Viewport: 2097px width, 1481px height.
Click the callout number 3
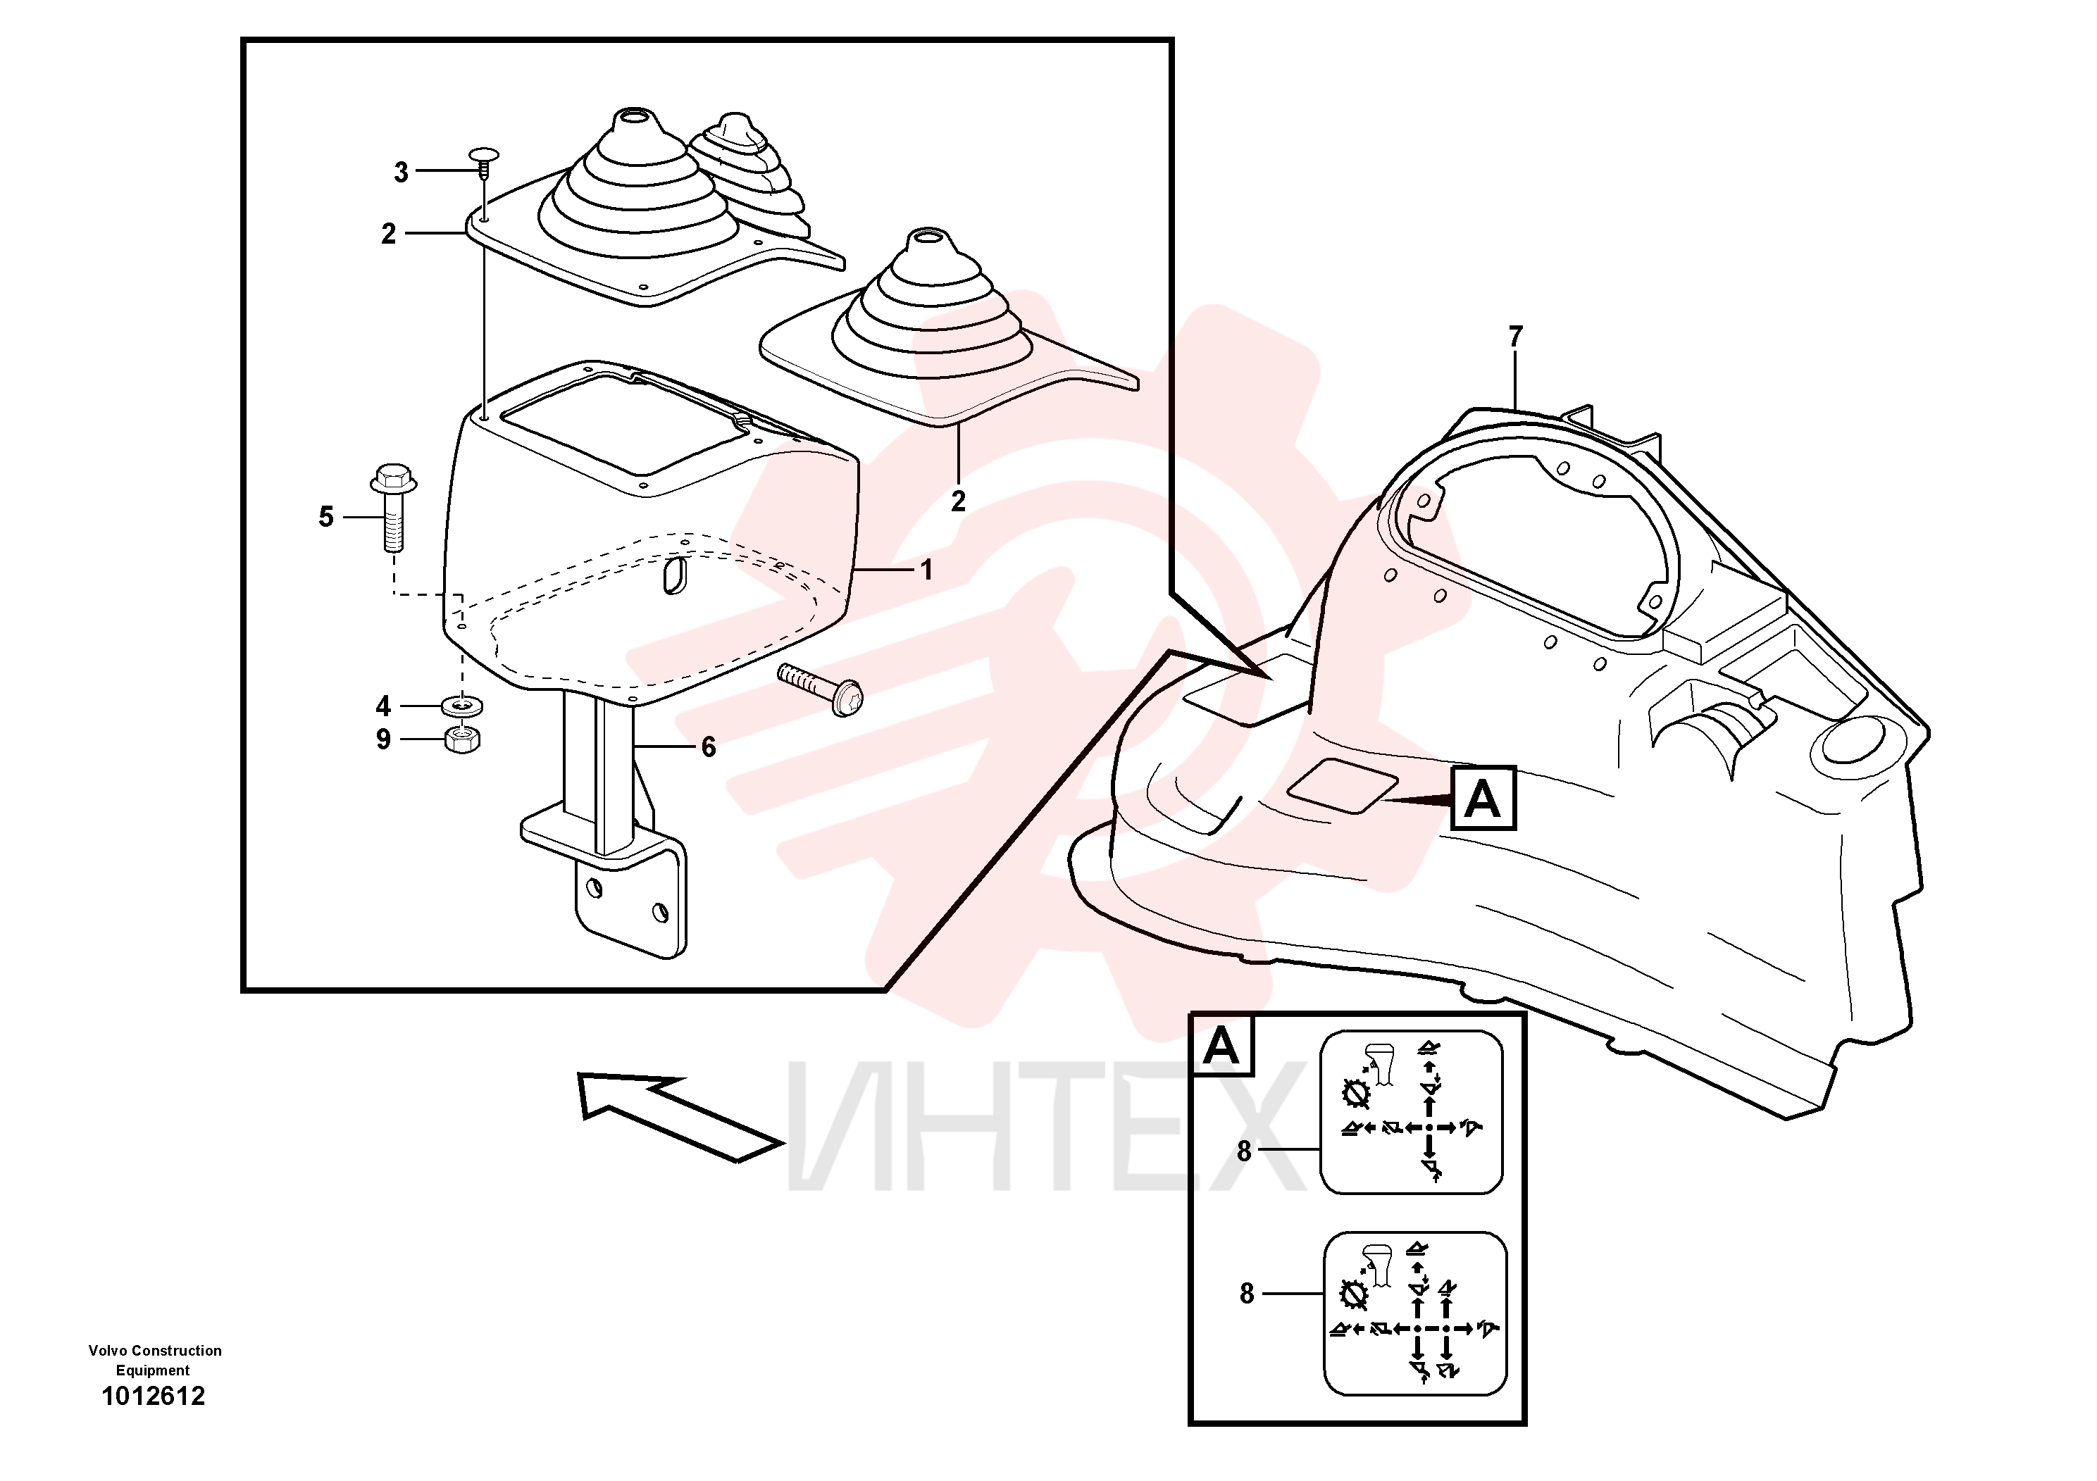(x=401, y=172)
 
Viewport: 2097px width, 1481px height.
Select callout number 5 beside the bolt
(x=326, y=517)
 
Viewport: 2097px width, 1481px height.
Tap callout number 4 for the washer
(x=384, y=706)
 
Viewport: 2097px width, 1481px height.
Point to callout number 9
(x=384, y=739)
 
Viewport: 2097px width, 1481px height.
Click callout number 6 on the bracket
(x=709, y=747)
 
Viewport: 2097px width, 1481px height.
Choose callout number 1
(x=927, y=570)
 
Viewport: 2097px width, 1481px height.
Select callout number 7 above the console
(x=1516, y=337)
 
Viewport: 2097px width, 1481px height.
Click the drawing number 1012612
(x=154, y=1396)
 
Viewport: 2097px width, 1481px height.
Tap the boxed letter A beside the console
(x=1483, y=798)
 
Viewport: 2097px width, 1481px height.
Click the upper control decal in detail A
(x=1411, y=1112)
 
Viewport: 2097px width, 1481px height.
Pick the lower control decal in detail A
(x=1414, y=1313)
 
